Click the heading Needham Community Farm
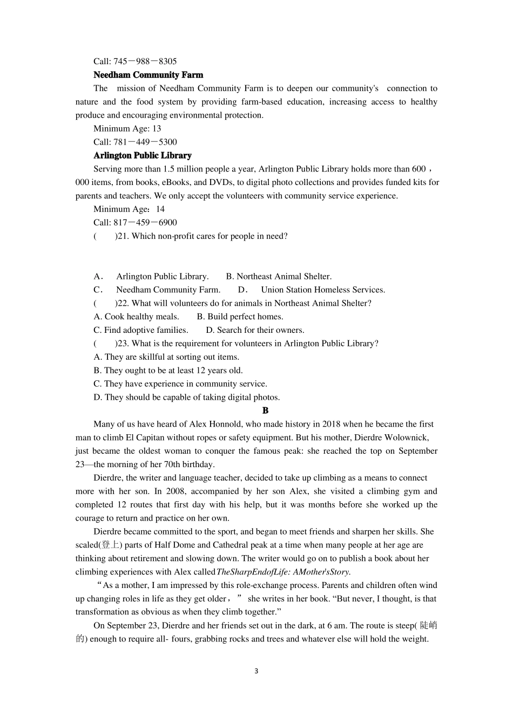[x=148, y=75]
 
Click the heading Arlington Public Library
[x=142, y=155]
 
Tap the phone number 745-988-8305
[x=145, y=61]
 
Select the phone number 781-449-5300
[x=145, y=142]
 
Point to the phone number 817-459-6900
[x=145, y=222]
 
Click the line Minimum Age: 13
[x=127, y=128]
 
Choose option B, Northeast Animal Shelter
[x=279, y=276]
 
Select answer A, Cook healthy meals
[x=136, y=317]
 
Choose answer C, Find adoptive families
[x=140, y=330]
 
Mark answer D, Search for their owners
[x=255, y=330]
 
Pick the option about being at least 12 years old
[x=168, y=371]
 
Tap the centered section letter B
[x=265, y=411]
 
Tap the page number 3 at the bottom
[x=256, y=671]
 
